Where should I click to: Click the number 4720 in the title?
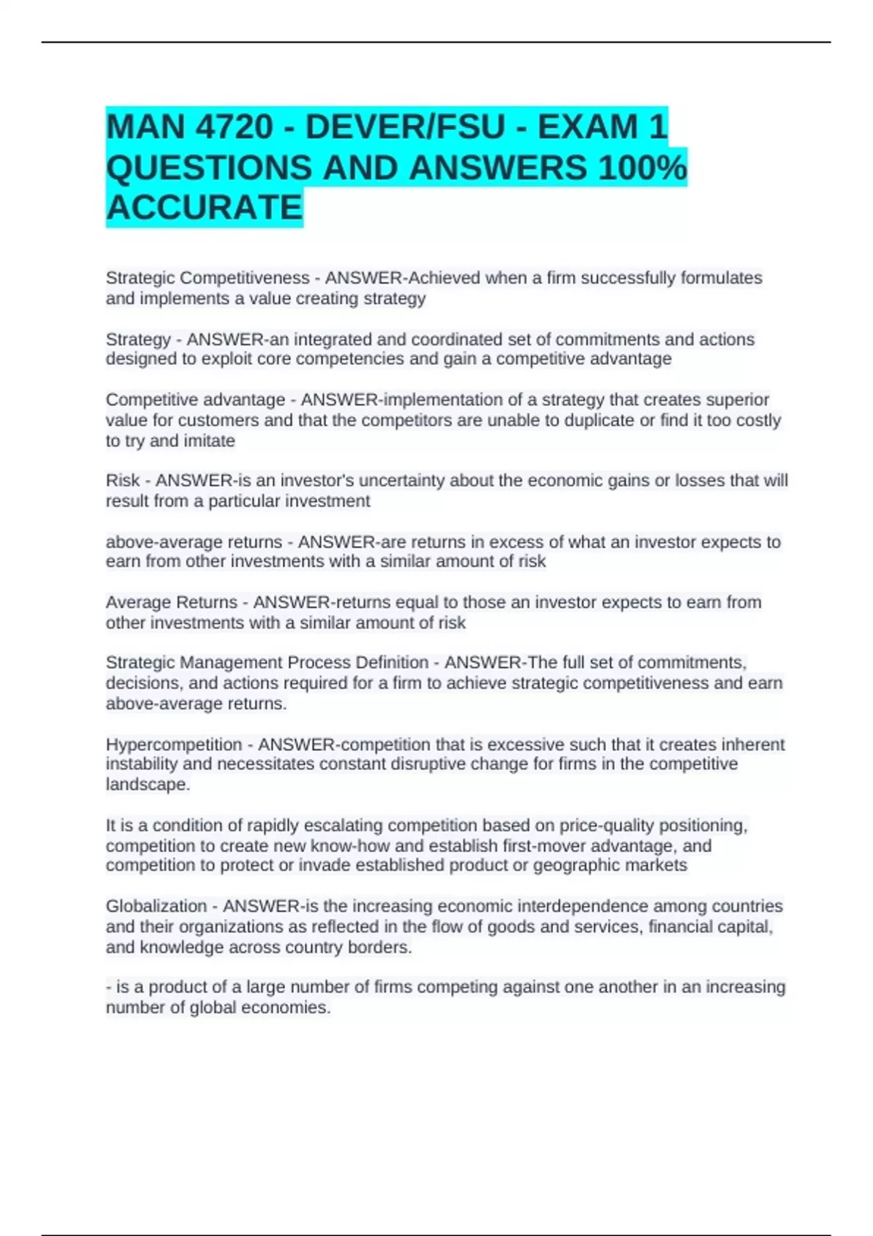(x=232, y=127)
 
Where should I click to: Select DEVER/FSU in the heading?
(x=404, y=127)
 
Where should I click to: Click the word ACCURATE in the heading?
(x=204, y=208)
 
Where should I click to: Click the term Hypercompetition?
(x=174, y=745)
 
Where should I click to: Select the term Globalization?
(x=156, y=906)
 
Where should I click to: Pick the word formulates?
(x=721, y=278)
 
